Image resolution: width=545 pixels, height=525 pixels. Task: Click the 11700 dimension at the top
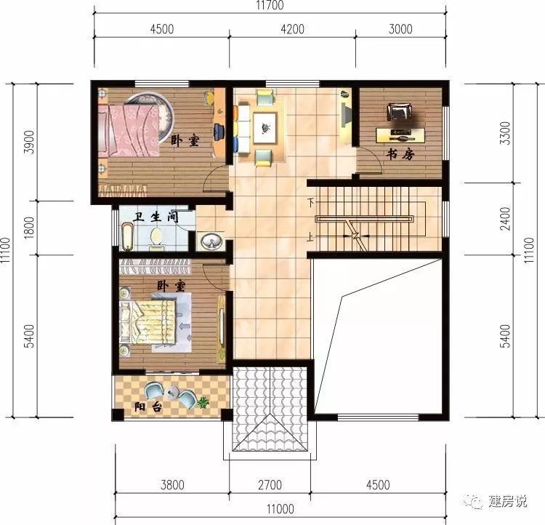269,6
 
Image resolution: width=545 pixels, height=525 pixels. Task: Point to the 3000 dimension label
400,30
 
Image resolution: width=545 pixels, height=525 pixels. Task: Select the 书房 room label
400,155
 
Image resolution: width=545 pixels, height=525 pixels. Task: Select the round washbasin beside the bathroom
212,240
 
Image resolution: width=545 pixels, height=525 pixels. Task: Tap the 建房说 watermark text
506,502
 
